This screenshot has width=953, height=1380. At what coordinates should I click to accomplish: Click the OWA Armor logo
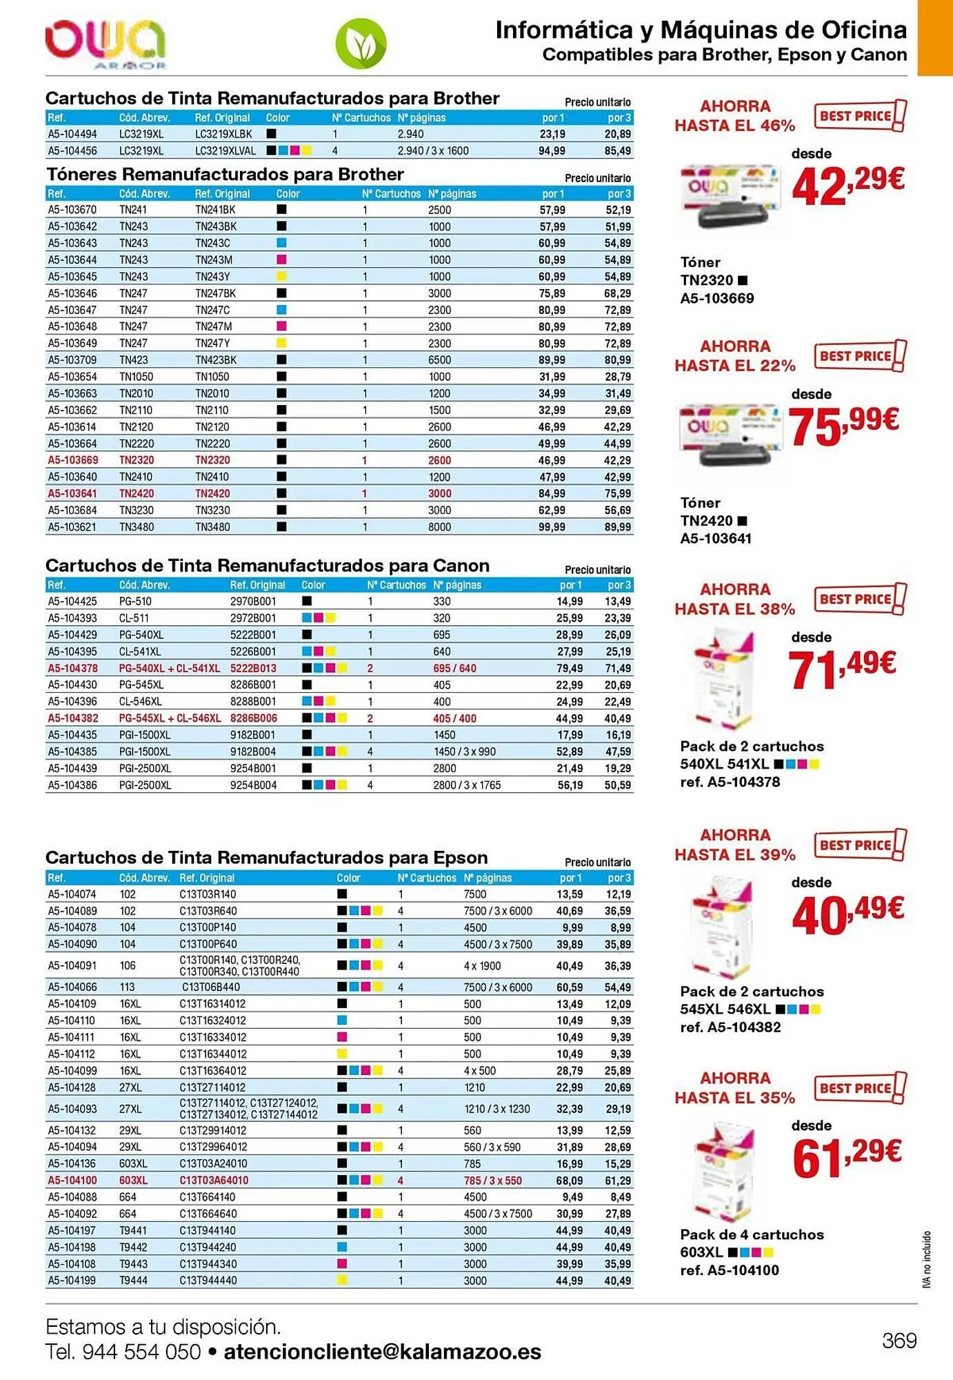click(106, 45)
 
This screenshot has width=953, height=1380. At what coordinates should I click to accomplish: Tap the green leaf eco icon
click(361, 44)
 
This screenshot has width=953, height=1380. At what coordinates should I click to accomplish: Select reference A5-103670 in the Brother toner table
click(72, 210)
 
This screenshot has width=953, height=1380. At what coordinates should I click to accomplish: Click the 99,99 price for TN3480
click(552, 527)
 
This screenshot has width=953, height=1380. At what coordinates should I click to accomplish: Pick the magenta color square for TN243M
click(281, 259)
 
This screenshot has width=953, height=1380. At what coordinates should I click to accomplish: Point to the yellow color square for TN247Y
click(281, 343)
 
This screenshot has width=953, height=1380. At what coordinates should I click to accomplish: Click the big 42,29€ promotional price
click(847, 186)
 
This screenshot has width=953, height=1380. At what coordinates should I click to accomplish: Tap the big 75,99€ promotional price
click(843, 426)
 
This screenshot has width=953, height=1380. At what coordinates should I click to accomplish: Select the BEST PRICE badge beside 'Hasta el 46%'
click(860, 116)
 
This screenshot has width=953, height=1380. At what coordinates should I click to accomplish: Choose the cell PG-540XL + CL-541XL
click(170, 668)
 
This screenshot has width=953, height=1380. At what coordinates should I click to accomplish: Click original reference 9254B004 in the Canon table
click(253, 785)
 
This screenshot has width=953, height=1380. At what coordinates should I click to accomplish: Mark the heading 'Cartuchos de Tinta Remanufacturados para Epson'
click(266, 858)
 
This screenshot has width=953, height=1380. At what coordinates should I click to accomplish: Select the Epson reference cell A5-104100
click(72, 1181)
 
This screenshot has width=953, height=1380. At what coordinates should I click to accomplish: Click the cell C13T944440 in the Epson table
click(208, 1281)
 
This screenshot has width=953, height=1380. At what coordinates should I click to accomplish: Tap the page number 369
click(899, 1340)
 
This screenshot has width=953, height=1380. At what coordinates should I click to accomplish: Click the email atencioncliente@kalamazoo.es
click(383, 1352)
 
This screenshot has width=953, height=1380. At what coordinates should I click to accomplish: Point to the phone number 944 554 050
click(141, 1352)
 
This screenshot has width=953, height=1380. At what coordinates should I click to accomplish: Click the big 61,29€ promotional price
click(847, 1157)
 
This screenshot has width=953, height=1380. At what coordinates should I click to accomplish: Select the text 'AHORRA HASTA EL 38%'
click(735, 599)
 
